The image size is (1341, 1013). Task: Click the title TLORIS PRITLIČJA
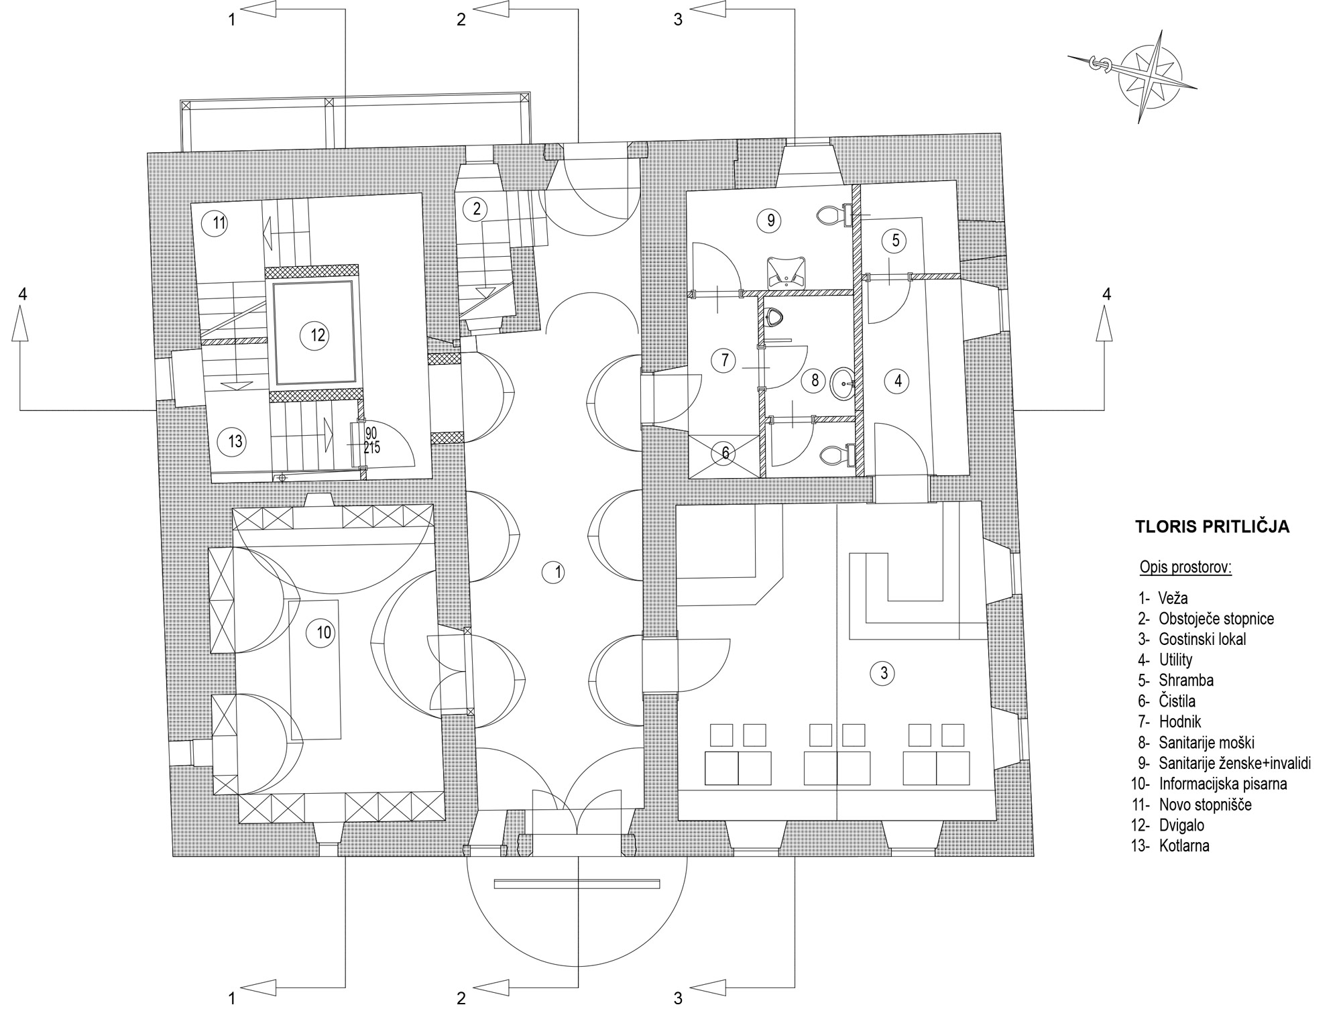pos(1212,526)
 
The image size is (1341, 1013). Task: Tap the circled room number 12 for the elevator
pos(317,335)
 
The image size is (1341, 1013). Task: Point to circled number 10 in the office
pos(324,632)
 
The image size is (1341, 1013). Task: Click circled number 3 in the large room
pos(883,672)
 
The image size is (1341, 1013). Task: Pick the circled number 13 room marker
pos(235,442)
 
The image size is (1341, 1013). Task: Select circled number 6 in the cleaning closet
pos(725,453)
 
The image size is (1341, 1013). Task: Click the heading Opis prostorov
pos(1185,568)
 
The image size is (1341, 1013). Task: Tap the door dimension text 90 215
pos(371,440)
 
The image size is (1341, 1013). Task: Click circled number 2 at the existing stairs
pos(476,208)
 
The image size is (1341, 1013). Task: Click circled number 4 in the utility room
pos(898,381)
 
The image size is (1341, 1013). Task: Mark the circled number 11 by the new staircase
pos(219,223)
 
